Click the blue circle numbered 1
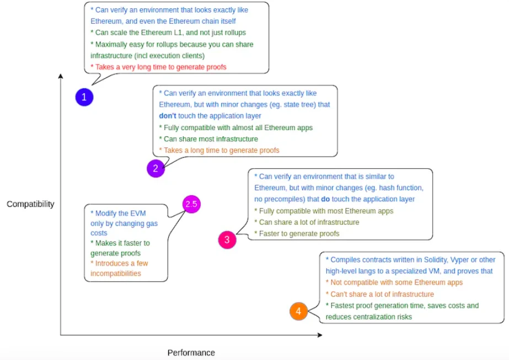click(84, 98)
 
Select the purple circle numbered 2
click(156, 169)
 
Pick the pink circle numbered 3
click(227, 240)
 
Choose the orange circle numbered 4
click(298, 311)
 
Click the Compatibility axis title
click(30, 205)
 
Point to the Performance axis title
click(191, 352)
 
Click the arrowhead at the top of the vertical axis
click(60, 77)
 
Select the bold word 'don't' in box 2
click(168, 116)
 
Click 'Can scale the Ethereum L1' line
click(168, 33)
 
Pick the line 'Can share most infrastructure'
click(208, 139)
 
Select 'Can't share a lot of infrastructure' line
click(380, 294)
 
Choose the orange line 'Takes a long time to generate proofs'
click(219, 150)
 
